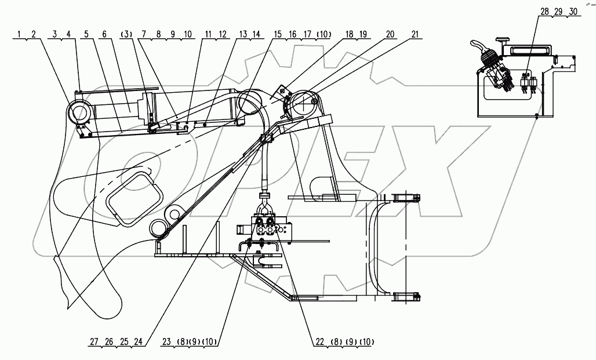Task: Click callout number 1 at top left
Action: (19, 35)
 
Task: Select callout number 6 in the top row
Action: (104, 35)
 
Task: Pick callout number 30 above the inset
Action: (572, 12)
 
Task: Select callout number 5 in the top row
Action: (86, 35)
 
